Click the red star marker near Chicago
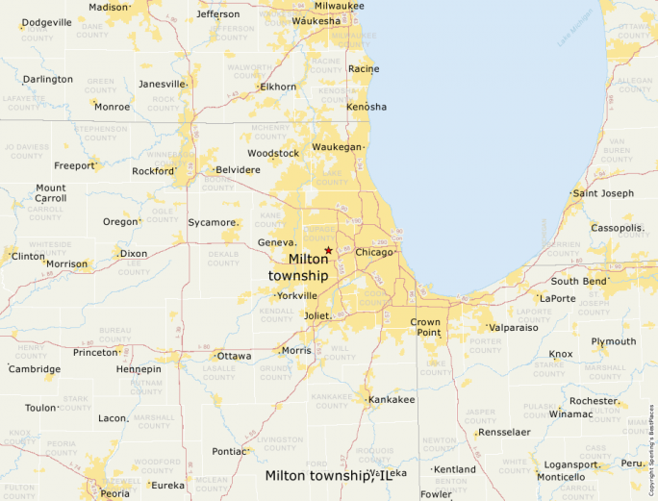coord(328,250)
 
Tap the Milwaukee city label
coord(338,6)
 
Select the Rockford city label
coord(154,171)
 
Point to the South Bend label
coord(579,281)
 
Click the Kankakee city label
coord(392,399)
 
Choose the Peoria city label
coord(114,493)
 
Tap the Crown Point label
coord(425,328)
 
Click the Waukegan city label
coord(337,147)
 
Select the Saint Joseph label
coord(603,193)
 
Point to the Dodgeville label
coord(46,22)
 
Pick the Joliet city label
coord(316,315)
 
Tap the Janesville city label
coord(161,84)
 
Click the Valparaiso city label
coord(513,327)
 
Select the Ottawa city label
coord(234,356)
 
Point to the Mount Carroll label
coord(51,193)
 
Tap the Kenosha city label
coord(366,106)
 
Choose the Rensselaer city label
coord(504,432)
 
